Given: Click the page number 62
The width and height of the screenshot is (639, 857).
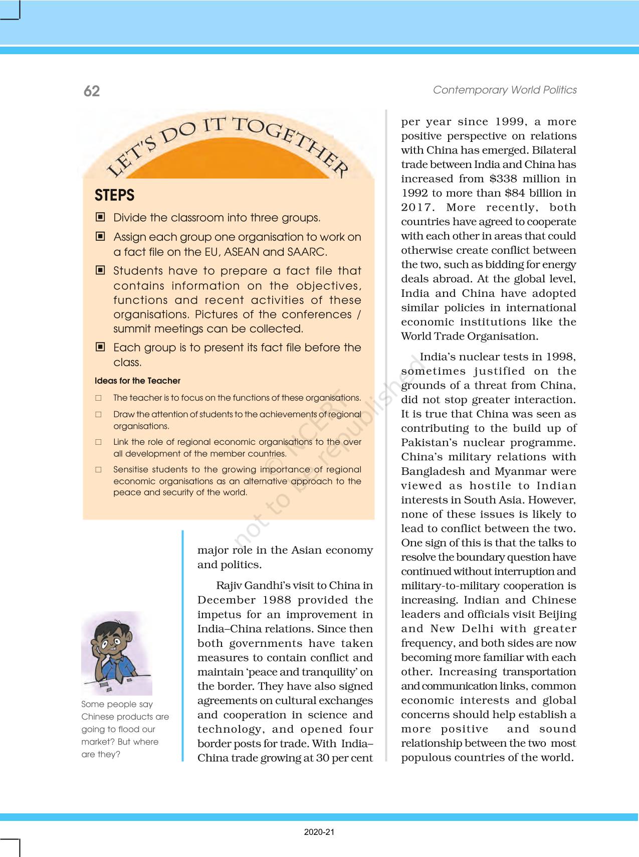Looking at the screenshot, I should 92,91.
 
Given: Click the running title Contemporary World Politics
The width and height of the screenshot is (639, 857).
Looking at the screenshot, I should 504,90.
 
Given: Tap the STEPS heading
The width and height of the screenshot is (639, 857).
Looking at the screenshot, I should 114,195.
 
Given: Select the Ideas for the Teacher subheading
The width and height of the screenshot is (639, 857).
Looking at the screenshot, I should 137,381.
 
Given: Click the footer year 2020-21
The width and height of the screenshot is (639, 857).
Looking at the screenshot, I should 319,832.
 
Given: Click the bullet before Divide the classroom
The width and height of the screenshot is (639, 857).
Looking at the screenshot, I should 101,217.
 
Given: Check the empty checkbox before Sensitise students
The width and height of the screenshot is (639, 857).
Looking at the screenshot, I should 99,470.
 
